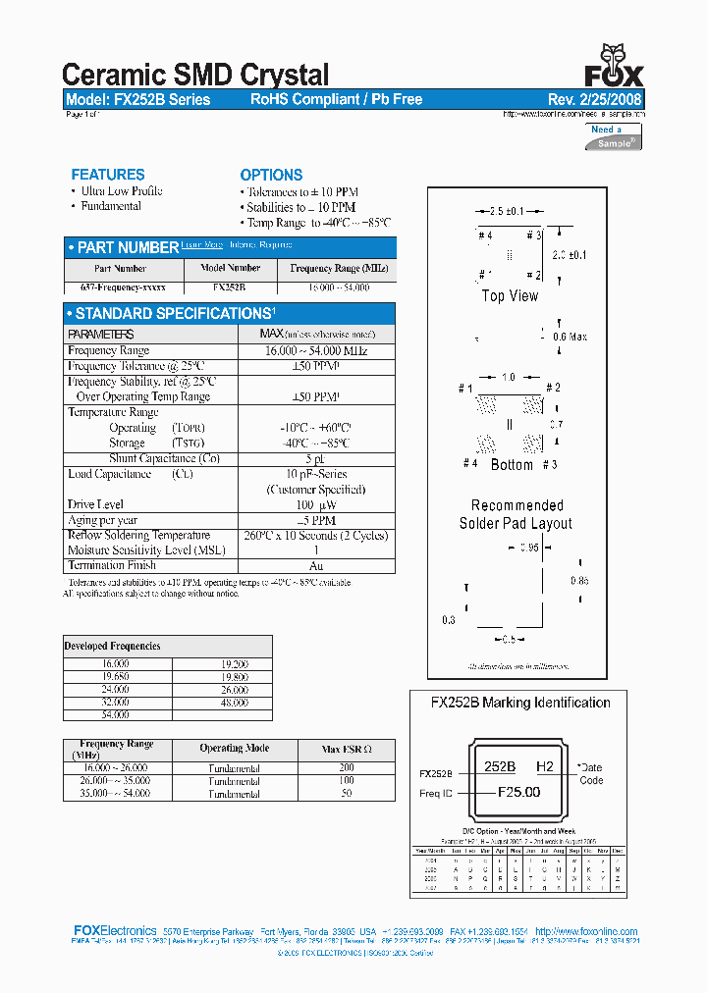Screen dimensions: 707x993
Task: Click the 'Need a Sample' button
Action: tap(614, 136)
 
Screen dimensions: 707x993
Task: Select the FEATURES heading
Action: tap(108, 175)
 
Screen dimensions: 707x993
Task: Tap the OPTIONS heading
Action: tap(271, 175)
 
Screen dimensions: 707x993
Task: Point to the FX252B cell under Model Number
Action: tap(229, 288)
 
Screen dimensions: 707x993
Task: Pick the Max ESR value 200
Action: tap(346, 767)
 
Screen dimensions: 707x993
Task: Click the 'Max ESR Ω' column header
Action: tap(347, 749)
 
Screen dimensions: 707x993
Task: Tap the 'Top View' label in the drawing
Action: tap(510, 295)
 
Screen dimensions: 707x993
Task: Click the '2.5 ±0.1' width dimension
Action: tap(508, 211)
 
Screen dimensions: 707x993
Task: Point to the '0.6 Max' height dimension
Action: tap(570, 337)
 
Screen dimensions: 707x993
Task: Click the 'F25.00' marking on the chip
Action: tap(519, 792)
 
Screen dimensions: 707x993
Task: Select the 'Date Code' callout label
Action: tap(591, 773)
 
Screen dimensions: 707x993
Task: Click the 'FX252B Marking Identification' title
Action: tap(520, 703)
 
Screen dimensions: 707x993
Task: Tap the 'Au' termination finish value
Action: tap(315, 565)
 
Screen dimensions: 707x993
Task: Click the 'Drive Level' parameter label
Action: tap(96, 504)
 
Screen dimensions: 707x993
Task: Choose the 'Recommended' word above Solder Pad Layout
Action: tap(517, 505)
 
